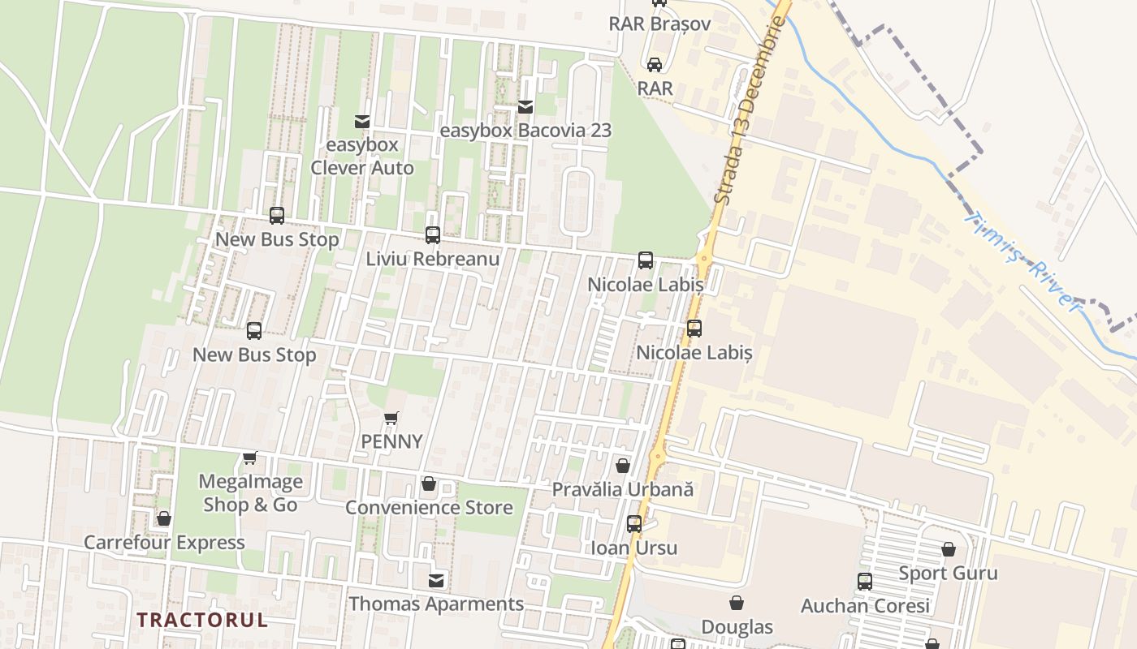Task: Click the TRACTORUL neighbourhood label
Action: [x=201, y=620]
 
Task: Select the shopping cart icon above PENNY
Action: [x=391, y=419]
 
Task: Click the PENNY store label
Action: [x=392, y=441]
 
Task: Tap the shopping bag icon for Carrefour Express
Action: [x=164, y=518]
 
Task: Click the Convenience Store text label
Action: [x=429, y=508]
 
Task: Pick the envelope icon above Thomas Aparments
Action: [x=437, y=580]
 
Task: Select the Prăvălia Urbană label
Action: [x=623, y=489]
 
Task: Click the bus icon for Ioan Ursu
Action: [x=634, y=524]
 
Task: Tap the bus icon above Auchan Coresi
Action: [x=865, y=582]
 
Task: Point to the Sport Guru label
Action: [x=948, y=574]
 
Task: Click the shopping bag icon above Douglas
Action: [x=737, y=603]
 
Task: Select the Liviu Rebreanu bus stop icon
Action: [x=433, y=235]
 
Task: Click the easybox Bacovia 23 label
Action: [x=525, y=131]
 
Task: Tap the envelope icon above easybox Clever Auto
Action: [x=362, y=122]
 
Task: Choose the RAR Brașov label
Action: [x=659, y=24]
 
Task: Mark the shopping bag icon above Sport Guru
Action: [x=949, y=550]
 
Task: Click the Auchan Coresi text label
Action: [x=865, y=606]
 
